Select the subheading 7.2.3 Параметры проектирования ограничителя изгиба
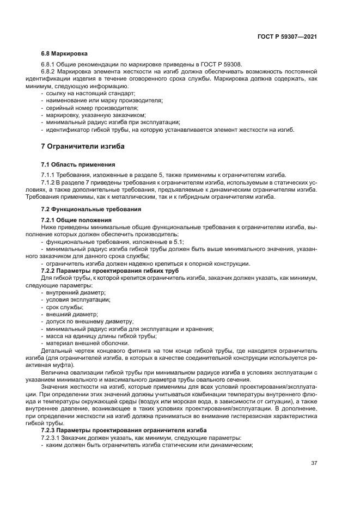125,430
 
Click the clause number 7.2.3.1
53,437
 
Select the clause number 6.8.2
50,72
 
